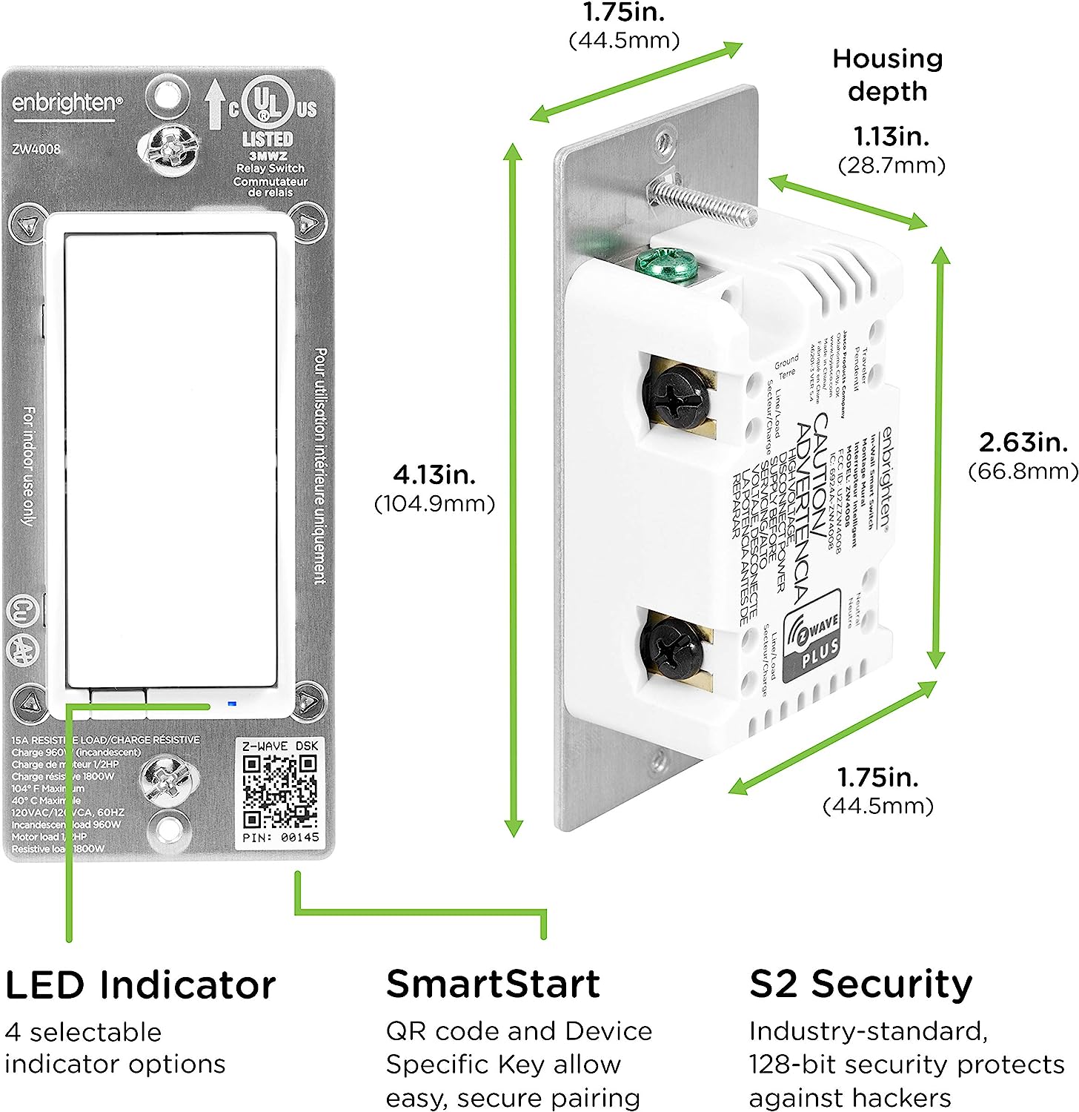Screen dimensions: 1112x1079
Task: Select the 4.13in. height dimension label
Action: (434, 474)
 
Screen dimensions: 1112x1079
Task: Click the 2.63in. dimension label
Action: (1023, 443)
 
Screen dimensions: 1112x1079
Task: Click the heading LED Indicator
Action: (140, 985)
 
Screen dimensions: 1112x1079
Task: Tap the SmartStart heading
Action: (493, 984)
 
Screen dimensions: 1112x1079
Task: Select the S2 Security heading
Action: (860, 984)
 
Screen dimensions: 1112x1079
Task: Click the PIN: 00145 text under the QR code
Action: (281, 837)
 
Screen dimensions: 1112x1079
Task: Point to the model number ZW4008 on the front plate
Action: (36, 148)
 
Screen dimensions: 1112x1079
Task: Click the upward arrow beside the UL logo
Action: (215, 104)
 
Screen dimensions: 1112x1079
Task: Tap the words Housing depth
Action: (887, 75)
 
